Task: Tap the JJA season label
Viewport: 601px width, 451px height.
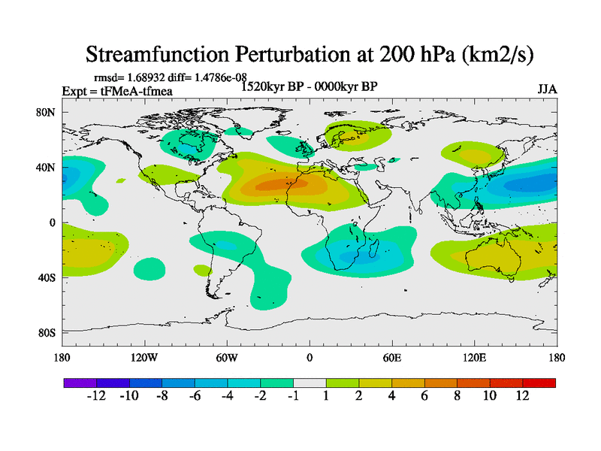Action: point(547,89)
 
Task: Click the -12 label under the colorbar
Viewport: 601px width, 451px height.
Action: point(97,395)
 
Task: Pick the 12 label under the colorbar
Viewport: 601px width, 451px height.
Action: point(522,395)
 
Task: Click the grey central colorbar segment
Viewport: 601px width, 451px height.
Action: point(310,383)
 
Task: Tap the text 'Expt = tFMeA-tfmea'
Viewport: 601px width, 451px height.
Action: point(117,90)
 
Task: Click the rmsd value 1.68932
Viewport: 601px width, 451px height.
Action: point(146,77)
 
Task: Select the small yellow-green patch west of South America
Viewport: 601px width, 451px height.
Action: point(202,269)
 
